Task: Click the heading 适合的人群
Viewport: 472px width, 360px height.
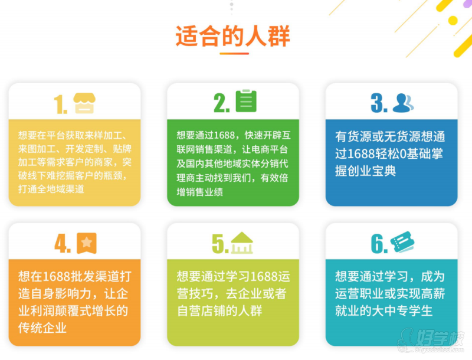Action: tap(232, 36)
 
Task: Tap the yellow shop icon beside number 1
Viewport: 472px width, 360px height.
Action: tap(84, 103)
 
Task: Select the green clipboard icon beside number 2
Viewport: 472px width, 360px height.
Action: tap(246, 101)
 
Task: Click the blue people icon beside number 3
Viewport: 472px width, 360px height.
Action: tap(404, 103)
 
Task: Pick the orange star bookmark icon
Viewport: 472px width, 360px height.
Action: tap(87, 243)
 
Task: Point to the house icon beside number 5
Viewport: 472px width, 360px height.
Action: tap(242, 243)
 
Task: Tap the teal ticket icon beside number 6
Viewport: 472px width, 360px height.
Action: tap(402, 242)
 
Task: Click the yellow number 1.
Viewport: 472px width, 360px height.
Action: tap(60, 104)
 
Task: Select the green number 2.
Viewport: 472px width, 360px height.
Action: tap(221, 103)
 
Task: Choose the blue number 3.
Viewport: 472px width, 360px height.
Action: tap(379, 103)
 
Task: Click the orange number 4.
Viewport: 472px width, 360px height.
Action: tap(63, 244)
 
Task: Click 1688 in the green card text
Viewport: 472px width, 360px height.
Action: tap(224, 136)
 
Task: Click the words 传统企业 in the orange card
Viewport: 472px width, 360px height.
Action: tap(42, 328)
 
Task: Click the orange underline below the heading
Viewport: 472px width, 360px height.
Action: tap(234, 54)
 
